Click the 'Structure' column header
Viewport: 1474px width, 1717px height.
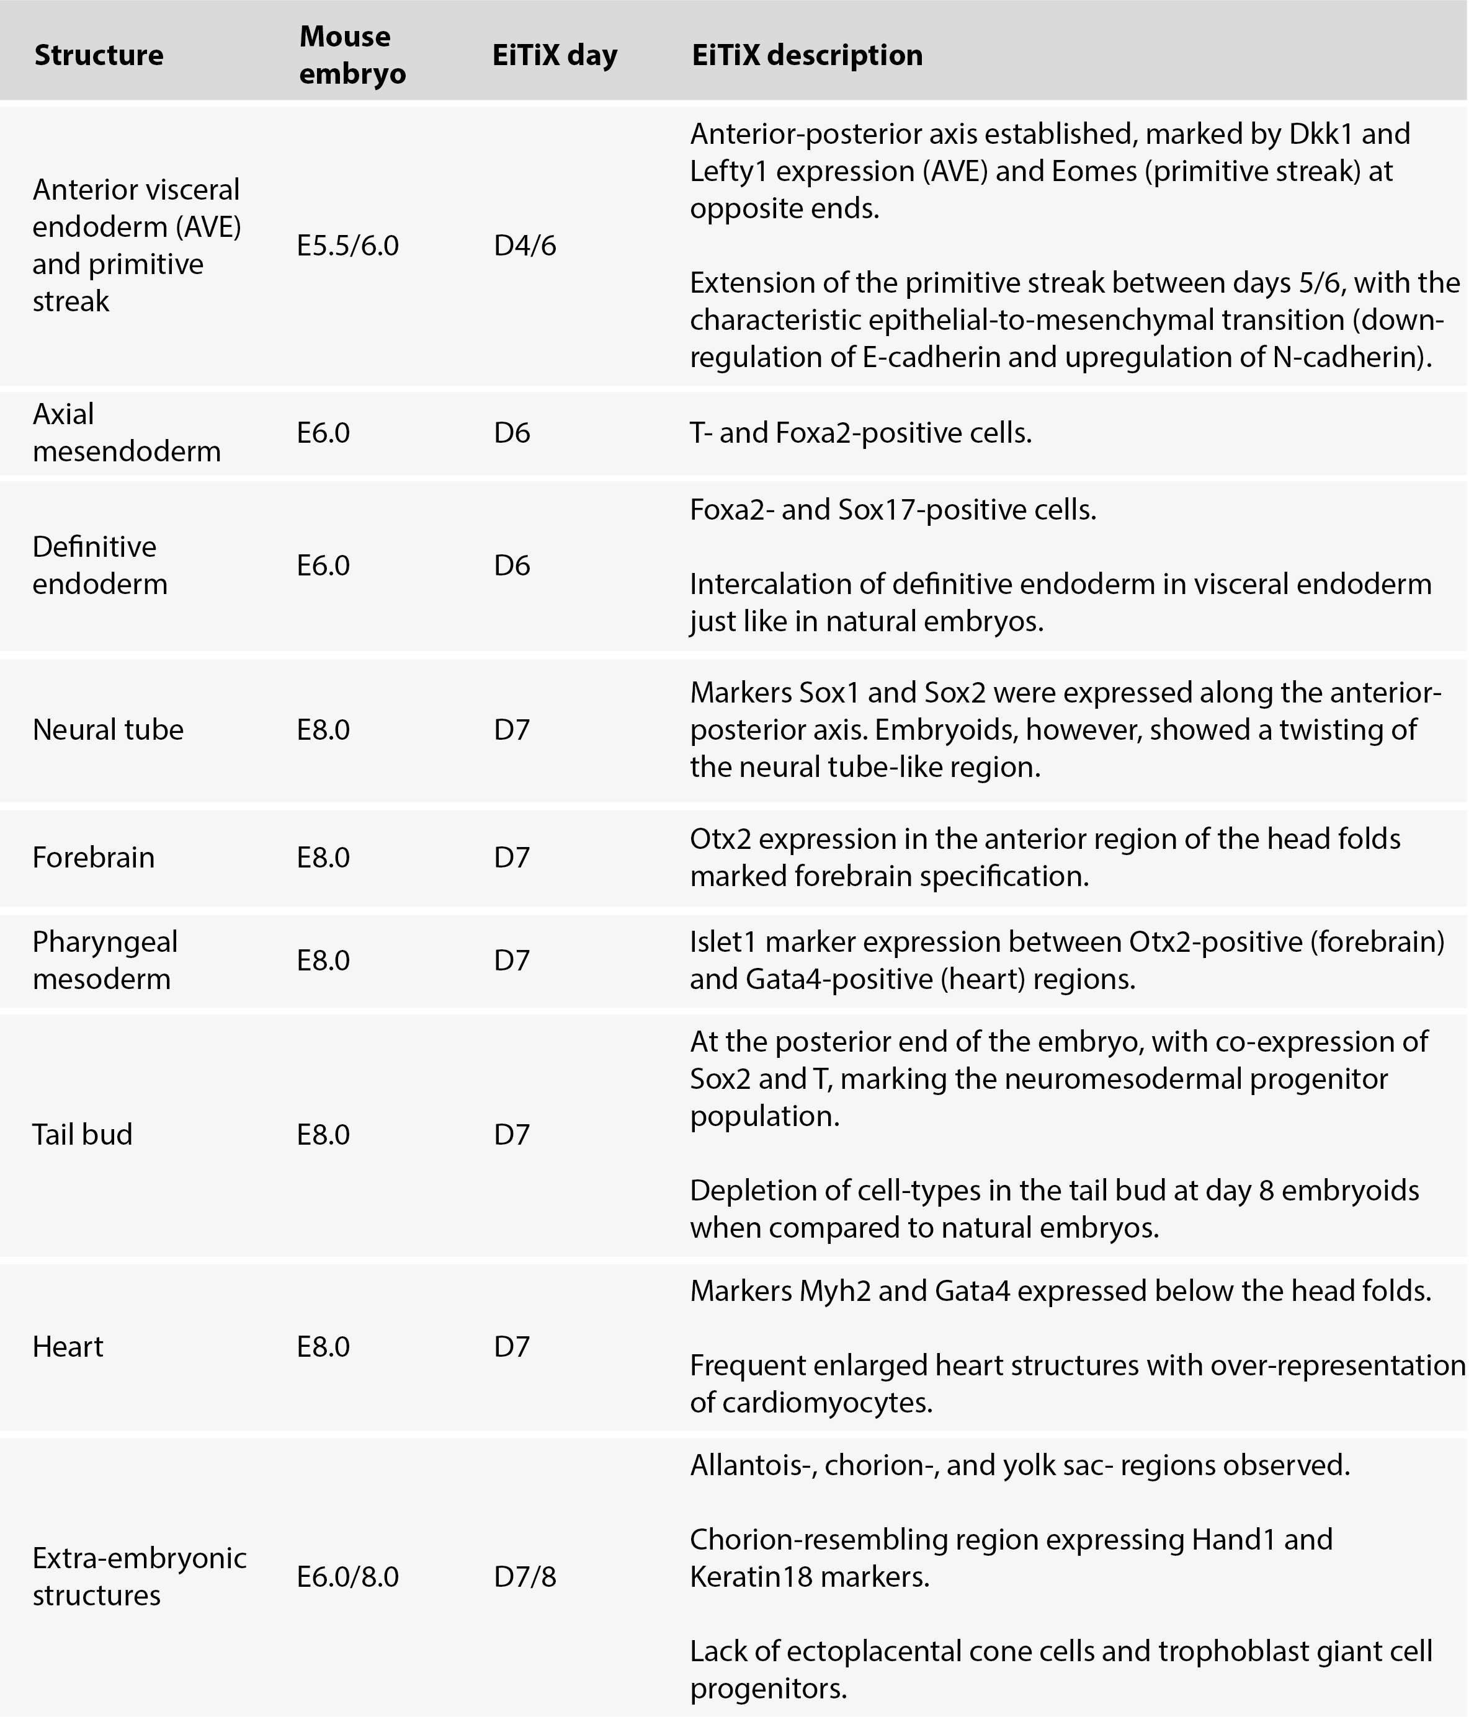click(99, 56)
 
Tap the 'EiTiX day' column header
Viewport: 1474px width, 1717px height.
click(555, 56)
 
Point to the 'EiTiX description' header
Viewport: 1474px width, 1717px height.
click(806, 56)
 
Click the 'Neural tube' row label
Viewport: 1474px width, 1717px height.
click(108, 729)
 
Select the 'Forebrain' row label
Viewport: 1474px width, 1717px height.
click(94, 857)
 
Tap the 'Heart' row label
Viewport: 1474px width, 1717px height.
click(68, 1347)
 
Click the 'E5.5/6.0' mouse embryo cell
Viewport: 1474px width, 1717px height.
click(348, 246)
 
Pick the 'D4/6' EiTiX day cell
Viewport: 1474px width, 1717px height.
click(525, 246)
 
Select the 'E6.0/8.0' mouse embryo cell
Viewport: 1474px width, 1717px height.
click(348, 1576)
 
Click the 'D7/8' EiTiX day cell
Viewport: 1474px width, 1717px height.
click(525, 1576)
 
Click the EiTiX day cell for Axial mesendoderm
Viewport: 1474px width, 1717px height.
click(512, 433)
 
